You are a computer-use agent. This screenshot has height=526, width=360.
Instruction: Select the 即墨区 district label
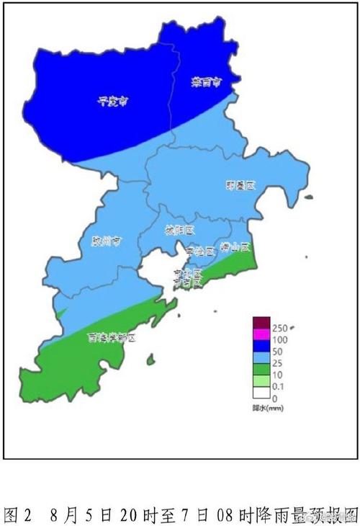[240, 185]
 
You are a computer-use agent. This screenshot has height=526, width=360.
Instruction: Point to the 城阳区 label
[180, 231]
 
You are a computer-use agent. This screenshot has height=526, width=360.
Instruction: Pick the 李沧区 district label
[200, 251]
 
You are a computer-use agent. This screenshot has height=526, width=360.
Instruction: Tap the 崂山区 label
[235, 246]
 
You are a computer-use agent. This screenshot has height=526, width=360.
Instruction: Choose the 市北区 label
[188, 274]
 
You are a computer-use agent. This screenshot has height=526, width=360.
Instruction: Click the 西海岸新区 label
[112, 336]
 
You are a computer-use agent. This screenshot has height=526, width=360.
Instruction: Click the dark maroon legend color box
[260, 323]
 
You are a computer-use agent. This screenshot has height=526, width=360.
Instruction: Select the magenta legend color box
[260, 334]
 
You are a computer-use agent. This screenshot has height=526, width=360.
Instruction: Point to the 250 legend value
[280, 328]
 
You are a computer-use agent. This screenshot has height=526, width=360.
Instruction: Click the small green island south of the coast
[150, 359]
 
